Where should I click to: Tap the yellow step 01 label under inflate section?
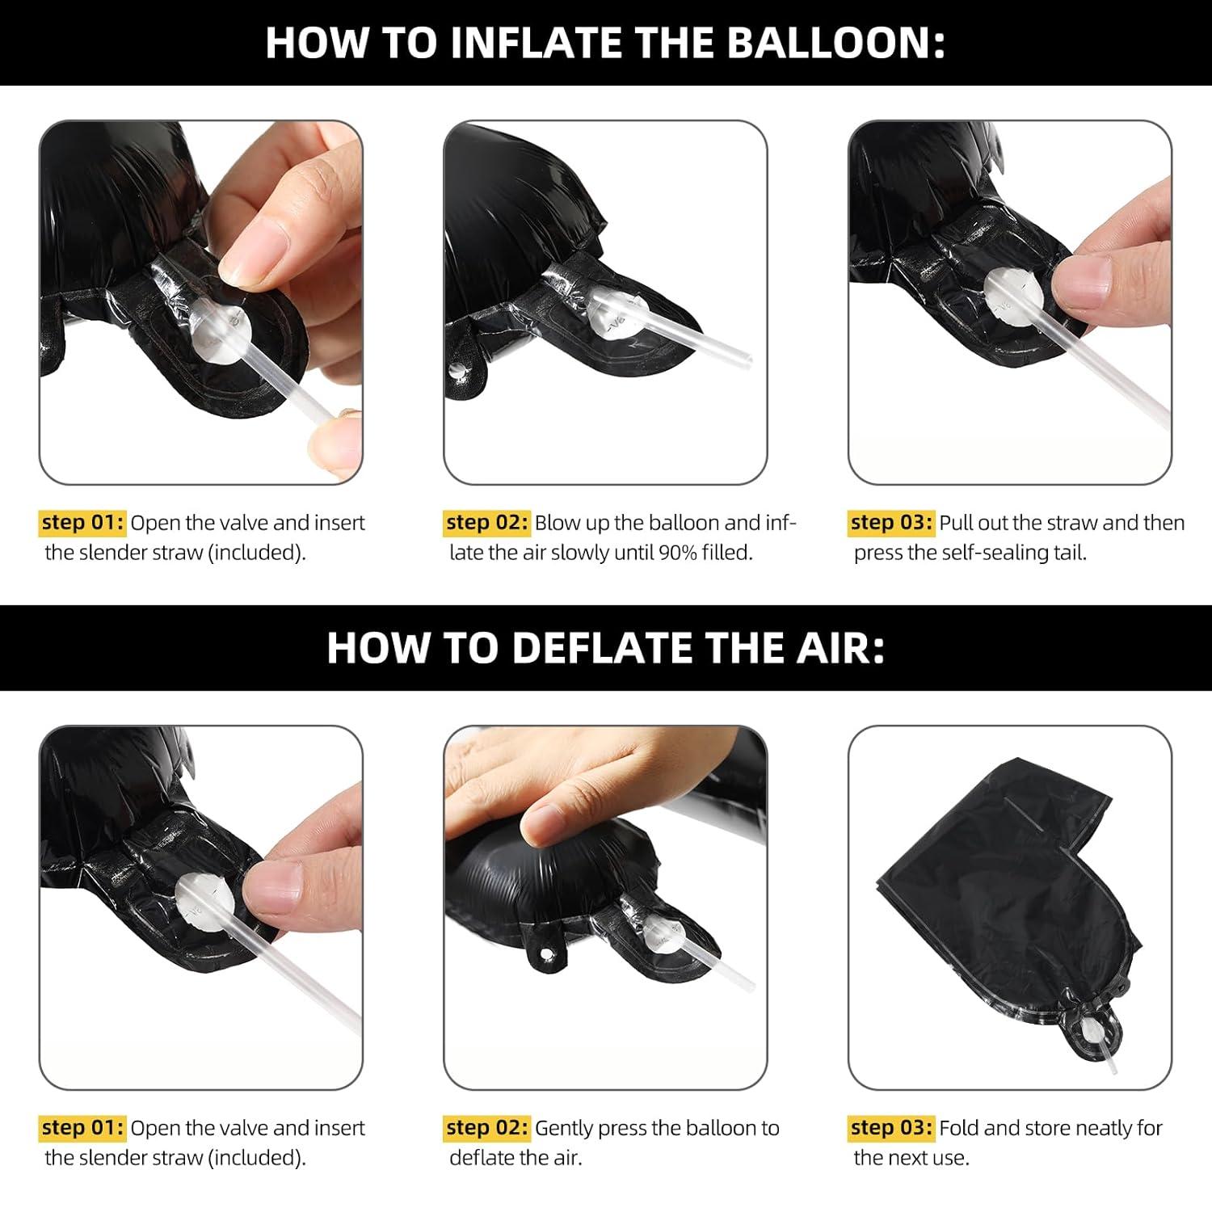tap(82, 522)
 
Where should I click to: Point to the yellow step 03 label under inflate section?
tap(891, 522)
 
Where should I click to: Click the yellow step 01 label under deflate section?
tap(82, 1127)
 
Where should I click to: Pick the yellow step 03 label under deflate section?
tap(891, 1127)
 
